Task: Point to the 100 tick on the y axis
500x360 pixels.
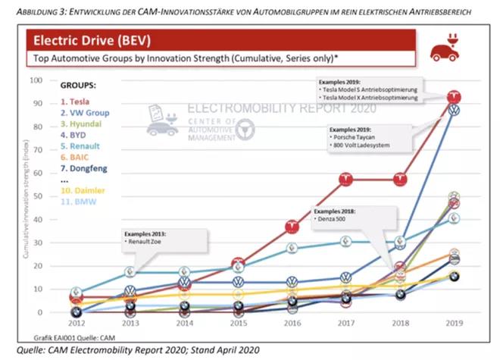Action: click(x=42, y=80)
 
